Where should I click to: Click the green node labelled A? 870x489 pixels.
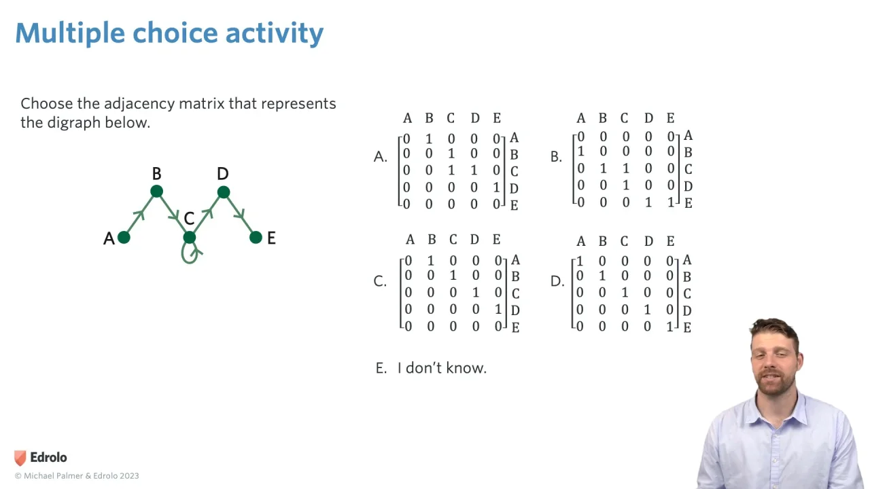124,237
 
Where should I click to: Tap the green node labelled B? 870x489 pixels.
156,192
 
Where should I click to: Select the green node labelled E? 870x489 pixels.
256,237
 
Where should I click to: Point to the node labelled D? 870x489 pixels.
223,192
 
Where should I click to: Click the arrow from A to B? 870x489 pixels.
140,215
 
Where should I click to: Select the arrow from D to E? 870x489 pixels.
239,215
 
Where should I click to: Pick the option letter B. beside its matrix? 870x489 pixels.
556,157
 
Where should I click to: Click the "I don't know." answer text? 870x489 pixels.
442,368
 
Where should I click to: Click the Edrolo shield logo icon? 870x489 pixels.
20,458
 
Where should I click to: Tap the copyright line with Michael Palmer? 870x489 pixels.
77,476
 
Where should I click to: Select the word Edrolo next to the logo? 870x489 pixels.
48,458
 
